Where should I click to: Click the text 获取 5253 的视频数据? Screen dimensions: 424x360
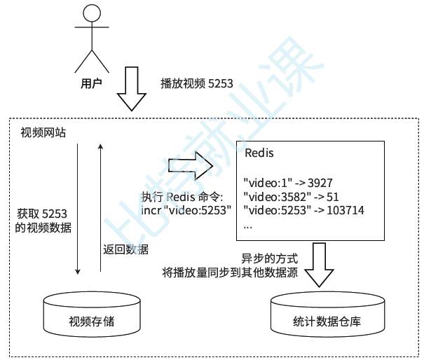coord(43,221)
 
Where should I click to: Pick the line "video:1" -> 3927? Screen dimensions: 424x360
coord(288,182)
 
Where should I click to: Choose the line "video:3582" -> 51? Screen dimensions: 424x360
coord(291,195)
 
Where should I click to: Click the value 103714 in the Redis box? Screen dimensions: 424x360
coord(345,209)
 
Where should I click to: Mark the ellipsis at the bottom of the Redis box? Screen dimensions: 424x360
coord(247,226)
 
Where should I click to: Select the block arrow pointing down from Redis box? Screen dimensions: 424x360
coord(320,264)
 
